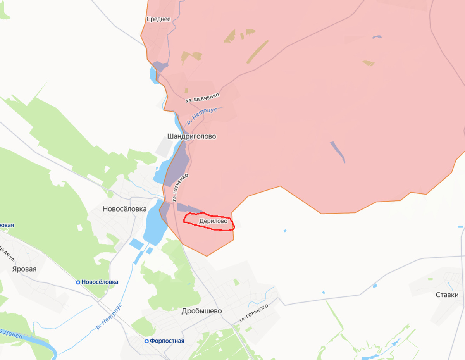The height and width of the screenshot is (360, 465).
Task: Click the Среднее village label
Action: pos(158,19)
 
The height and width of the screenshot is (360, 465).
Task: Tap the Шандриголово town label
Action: pos(191,136)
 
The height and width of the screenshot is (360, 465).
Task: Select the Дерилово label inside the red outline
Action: pos(213,222)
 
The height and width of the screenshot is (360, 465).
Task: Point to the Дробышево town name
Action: pos(201,311)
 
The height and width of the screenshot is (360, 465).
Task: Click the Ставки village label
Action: pos(447,295)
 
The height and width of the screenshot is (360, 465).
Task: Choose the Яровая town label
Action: pos(24,269)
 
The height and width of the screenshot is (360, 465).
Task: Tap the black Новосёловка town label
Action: pos(125,209)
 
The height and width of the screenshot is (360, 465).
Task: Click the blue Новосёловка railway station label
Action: pos(100,282)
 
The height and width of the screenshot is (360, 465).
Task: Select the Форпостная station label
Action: pos(167,341)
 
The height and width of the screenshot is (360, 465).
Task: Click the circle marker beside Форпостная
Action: pos(146,341)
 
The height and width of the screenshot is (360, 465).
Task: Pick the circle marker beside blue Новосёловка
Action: pos(78,282)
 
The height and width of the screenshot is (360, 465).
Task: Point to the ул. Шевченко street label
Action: pos(202,97)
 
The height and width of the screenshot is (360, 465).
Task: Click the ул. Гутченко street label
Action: pos(181,187)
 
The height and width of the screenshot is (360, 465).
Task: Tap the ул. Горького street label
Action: pos(254,313)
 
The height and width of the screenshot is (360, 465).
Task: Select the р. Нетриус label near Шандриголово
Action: pos(201,115)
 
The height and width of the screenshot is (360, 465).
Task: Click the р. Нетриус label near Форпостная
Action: pos(109,317)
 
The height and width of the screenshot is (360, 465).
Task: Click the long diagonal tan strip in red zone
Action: pos(257,51)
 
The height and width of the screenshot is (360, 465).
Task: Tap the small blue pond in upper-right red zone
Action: pos(376,37)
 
